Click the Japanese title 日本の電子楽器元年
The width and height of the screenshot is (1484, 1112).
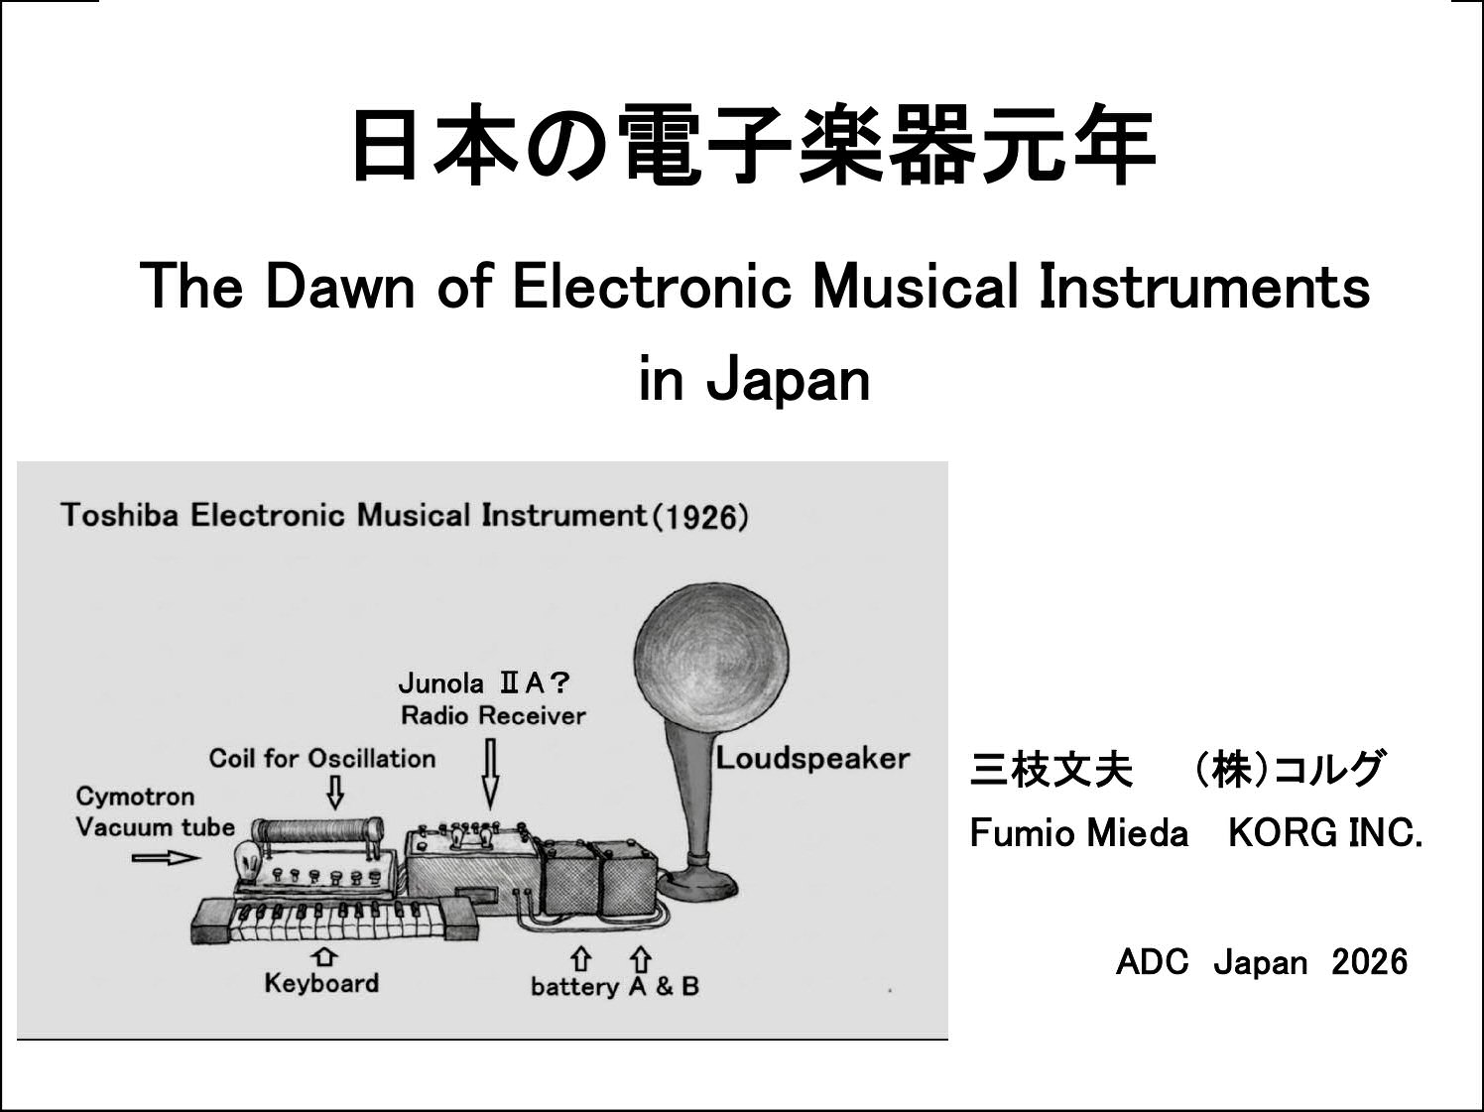pos(754,146)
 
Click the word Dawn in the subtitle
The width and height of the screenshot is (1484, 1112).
pos(340,287)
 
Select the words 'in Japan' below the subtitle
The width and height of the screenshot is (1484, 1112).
pos(755,381)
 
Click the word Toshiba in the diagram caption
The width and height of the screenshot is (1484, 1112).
pos(120,515)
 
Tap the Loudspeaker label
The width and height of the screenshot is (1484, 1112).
pos(812,759)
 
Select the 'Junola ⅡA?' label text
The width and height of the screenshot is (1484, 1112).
pos(484,683)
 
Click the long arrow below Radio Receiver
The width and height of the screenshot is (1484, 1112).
pos(491,774)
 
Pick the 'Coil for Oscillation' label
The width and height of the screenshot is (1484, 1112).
pos(322,759)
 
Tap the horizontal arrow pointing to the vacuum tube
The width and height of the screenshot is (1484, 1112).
pos(167,858)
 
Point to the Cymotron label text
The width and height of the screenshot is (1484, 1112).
pos(135,797)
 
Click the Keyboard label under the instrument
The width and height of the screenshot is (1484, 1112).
pos(321,983)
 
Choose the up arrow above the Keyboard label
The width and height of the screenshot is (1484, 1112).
pos(324,956)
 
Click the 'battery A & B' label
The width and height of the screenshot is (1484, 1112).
pos(615,987)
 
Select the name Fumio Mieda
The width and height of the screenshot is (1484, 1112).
pos(1079,833)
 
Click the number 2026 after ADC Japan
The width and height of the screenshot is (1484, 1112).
pos(1370,962)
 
